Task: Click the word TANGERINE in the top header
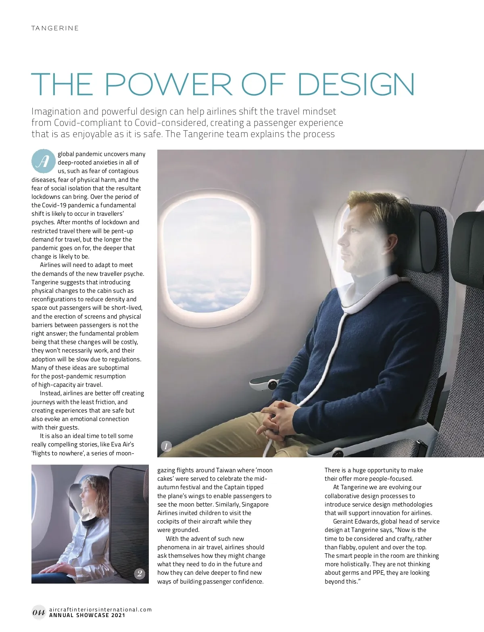point(55,28)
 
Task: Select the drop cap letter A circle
point(43,161)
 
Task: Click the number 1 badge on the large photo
point(166,446)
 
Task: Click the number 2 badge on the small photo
point(140,574)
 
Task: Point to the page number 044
point(39,613)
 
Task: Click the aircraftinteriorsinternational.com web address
point(100,609)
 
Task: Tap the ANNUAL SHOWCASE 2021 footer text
point(87,615)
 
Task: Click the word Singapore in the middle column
point(255,505)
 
